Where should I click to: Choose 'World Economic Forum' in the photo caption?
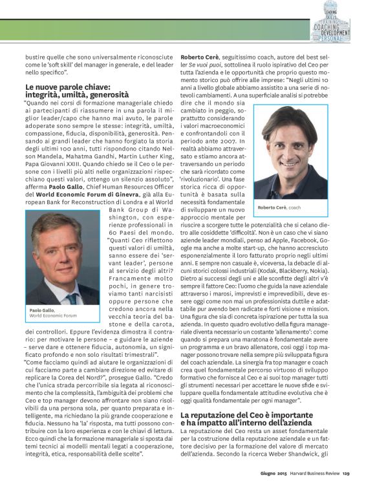click(x=53, y=317)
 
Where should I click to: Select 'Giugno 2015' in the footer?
click(x=275, y=479)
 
